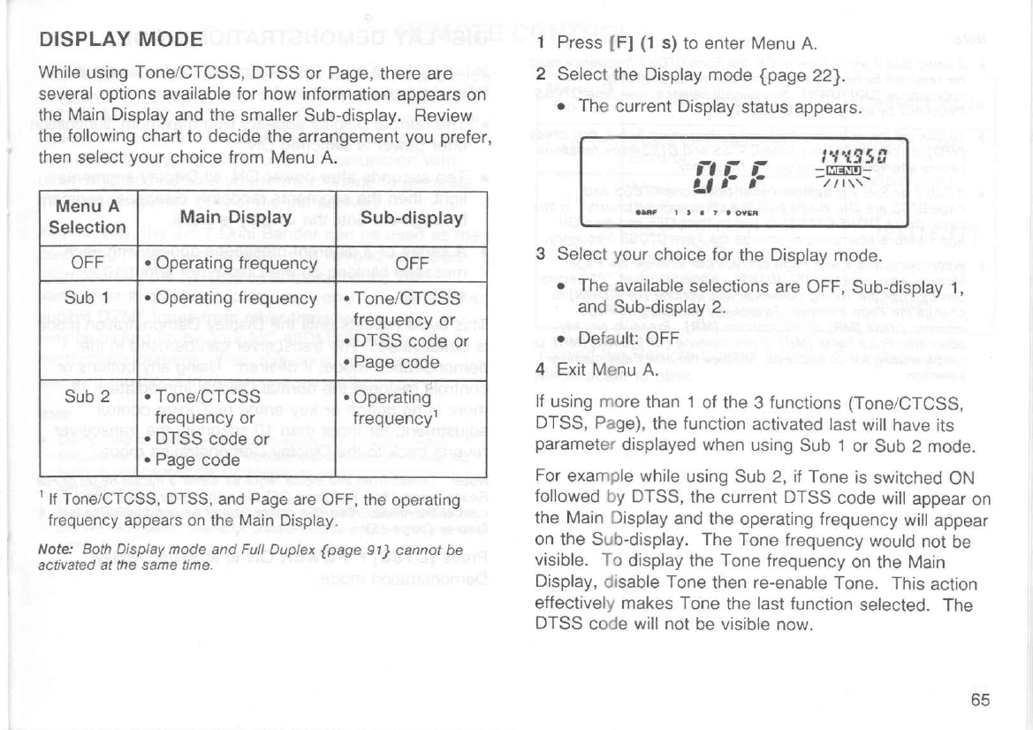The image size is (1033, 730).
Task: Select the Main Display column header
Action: [235, 217]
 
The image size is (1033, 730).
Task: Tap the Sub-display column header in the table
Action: [414, 217]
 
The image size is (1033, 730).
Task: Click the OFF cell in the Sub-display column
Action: [412, 262]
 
